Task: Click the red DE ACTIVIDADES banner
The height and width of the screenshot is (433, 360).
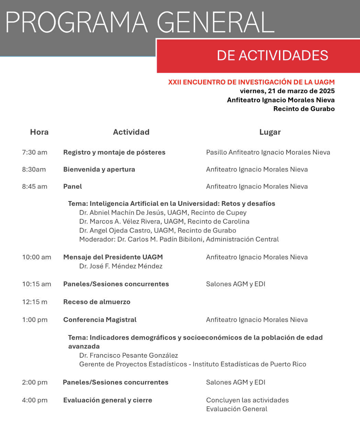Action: [272, 56]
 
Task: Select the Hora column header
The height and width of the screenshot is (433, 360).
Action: [39, 132]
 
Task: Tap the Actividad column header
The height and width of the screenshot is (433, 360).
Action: [131, 132]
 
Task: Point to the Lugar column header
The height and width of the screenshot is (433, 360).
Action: [270, 132]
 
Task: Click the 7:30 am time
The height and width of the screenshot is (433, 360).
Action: [35, 152]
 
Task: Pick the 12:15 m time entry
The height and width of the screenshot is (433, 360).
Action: [35, 302]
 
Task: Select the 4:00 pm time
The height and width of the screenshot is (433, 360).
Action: [35, 400]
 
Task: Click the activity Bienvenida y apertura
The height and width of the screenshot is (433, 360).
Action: [99, 169]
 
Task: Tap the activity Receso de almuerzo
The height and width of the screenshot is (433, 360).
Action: [97, 302]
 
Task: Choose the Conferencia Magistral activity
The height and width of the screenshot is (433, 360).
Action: [100, 320]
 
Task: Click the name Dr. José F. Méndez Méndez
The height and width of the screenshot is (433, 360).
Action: [121, 266]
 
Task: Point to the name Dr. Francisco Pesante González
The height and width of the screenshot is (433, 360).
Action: [128, 355]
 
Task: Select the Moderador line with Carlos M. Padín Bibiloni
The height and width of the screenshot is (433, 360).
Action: [179, 240]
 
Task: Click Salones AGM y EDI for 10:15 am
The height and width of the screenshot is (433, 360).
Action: [236, 284]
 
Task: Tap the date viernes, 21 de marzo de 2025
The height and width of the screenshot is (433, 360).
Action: [287, 91]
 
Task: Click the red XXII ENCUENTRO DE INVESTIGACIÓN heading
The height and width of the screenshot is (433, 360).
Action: [251, 82]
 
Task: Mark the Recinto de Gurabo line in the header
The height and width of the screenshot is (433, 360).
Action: [304, 109]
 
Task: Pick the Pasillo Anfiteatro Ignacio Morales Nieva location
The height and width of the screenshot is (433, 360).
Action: [268, 152]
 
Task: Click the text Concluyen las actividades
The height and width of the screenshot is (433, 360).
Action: [247, 400]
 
